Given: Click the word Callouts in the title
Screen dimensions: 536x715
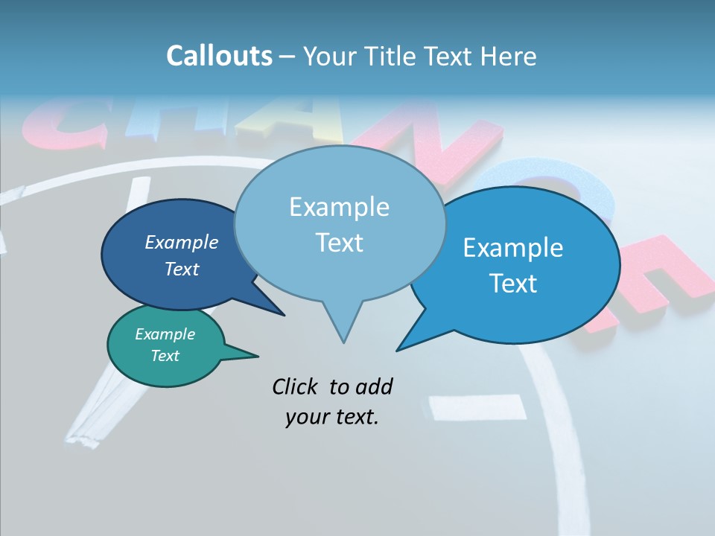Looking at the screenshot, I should point(219,56).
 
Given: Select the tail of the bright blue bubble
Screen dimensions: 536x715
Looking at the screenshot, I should point(413,339).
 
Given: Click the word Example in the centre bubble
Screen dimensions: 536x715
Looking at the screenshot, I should point(339,207).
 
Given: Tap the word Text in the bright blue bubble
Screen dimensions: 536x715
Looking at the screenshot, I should point(514,284).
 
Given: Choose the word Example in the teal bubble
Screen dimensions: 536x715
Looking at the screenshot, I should point(165,334).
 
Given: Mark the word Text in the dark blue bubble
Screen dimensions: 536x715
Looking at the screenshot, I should point(182,269).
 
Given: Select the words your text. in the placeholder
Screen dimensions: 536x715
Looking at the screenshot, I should point(332,417).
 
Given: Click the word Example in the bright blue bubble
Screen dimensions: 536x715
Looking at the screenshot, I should point(513,248).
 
